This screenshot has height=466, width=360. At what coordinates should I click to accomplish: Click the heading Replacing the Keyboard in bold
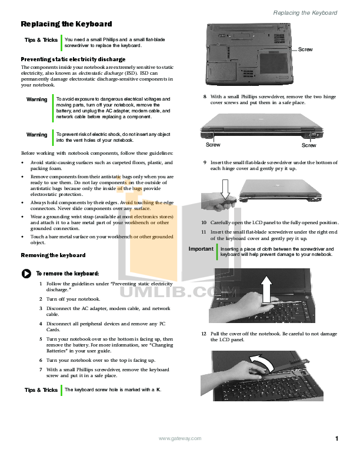(66, 24)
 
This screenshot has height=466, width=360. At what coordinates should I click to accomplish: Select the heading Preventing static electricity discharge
(73, 59)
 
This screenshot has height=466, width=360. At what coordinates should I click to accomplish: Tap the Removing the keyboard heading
(53, 255)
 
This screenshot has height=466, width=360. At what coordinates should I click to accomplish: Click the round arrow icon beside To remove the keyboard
(26, 274)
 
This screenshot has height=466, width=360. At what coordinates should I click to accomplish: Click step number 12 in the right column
(204, 334)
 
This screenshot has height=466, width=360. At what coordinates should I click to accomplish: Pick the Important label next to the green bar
(201, 249)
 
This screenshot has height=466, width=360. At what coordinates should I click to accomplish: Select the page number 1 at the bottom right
(337, 438)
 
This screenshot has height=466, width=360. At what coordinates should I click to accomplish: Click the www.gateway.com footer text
(181, 438)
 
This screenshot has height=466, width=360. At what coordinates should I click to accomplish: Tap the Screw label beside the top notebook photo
(306, 49)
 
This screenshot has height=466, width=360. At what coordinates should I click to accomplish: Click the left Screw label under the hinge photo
(213, 144)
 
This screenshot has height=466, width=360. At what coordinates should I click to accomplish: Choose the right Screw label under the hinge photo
(309, 145)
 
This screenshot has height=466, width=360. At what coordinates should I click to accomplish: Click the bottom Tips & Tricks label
(41, 390)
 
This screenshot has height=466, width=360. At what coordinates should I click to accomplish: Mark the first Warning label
(37, 99)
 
